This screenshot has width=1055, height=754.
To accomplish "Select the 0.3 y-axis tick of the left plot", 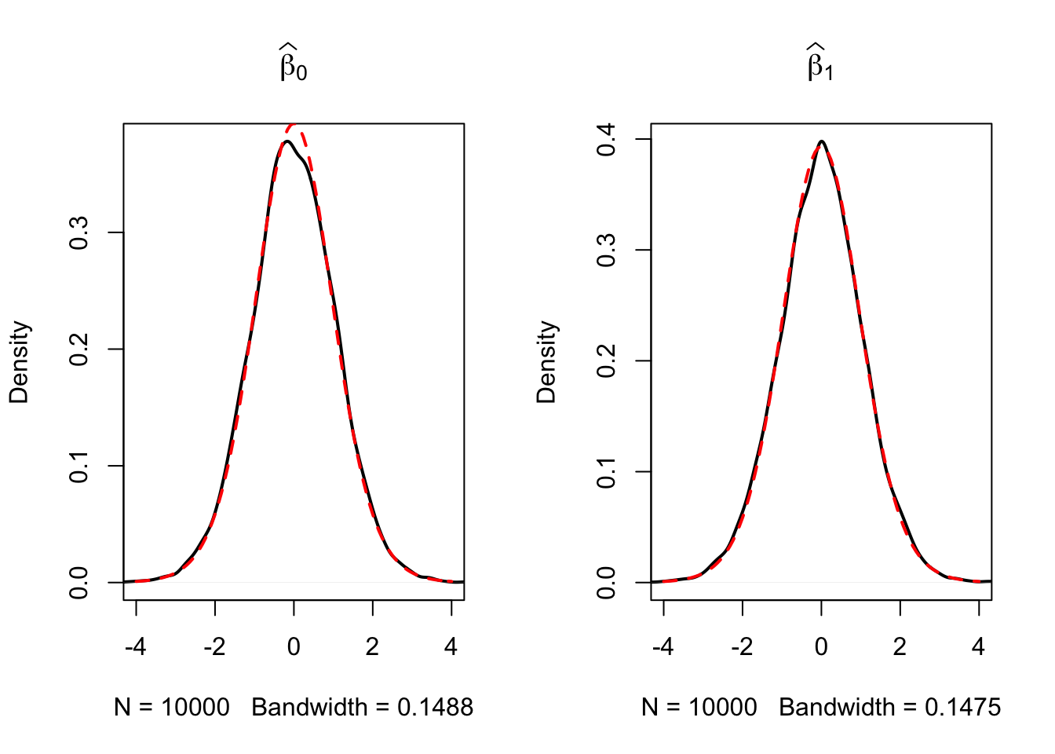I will pyautogui.click(x=79, y=233).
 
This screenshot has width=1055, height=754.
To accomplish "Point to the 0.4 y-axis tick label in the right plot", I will pyautogui.click(x=607, y=140).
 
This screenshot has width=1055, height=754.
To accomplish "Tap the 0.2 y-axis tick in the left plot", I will pyautogui.click(x=79, y=350).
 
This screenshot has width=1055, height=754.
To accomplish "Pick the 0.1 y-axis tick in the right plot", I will pyautogui.click(x=607, y=472).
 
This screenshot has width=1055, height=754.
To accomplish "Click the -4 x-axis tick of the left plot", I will pyautogui.click(x=136, y=646).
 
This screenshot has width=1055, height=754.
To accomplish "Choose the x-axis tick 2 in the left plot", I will pyautogui.click(x=372, y=646).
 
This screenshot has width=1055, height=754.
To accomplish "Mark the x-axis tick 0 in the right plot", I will pyautogui.click(x=821, y=646).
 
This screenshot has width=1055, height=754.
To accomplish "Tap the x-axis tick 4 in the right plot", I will pyautogui.click(x=978, y=646).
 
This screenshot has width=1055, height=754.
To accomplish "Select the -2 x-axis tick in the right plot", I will pyautogui.click(x=742, y=646).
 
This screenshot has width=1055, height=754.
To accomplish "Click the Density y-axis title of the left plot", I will pyautogui.click(x=19, y=362).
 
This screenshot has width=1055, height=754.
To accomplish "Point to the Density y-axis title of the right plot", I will pyautogui.click(x=546, y=362).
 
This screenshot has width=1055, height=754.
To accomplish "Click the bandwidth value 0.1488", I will pyautogui.click(x=435, y=708).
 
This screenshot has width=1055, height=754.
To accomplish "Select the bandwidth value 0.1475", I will pyautogui.click(x=962, y=708).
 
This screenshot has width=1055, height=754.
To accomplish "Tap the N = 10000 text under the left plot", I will pyautogui.click(x=172, y=708).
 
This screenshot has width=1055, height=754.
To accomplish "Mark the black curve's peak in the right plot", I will pyautogui.click(x=821, y=141).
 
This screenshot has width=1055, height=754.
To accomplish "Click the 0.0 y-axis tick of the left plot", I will pyautogui.click(x=79, y=583).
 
